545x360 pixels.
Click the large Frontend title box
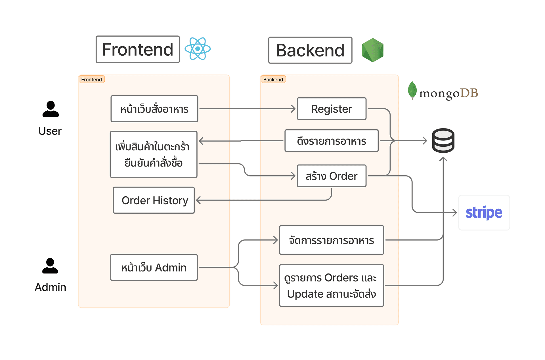(138, 49)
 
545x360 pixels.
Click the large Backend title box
(310, 50)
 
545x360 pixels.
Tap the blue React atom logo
(198, 49)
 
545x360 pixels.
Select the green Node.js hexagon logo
(373, 50)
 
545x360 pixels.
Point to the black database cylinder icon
(443, 141)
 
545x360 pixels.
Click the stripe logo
(484, 212)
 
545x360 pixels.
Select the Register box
(331, 109)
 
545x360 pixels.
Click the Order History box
(154, 200)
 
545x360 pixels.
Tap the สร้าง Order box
(331, 176)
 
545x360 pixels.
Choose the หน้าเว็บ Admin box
(154, 268)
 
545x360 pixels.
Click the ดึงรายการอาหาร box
(331, 141)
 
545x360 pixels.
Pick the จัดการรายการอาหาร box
(331, 240)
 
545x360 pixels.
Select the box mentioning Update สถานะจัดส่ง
(331, 286)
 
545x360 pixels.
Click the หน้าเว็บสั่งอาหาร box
(154, 109)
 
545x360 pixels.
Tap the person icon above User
(51, 109)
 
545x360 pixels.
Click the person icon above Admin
(50, 266)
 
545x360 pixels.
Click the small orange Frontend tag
(91, 79)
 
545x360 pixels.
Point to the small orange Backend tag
(273, 79)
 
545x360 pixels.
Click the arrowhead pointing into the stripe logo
(455, 212)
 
